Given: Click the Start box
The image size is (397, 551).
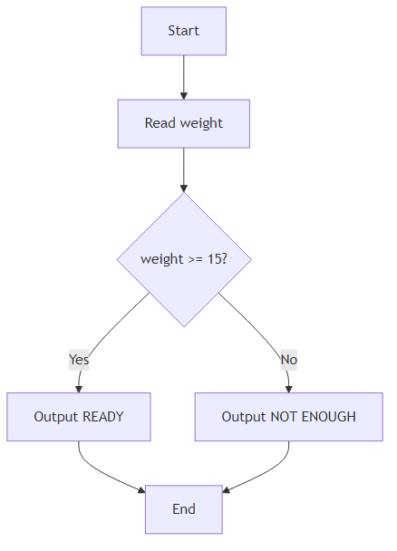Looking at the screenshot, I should [x=183, y=31].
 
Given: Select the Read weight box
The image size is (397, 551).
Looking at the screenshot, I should [x=183, y=123].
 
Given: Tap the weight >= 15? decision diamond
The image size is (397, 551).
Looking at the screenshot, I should [x=183, y=259].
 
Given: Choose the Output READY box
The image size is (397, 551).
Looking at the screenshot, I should [x=79, y=417].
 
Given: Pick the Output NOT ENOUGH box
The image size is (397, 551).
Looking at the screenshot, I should [x=288, y=417].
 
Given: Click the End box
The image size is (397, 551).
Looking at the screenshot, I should [x=183, y=509].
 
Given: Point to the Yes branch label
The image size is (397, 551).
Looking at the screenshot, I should [x=80, y=359].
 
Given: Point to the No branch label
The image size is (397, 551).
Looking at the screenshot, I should [x=288, y=359].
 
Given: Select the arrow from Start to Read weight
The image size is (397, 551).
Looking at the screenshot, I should [x=183, y=77].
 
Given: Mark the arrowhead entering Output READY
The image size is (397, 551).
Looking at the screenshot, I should [x=79, y=389].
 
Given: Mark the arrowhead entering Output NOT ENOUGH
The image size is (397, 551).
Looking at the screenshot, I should [x=288, y=389].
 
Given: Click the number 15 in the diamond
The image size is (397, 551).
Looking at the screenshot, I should [x=215, y=259].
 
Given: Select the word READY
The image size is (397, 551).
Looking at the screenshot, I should [x=102, y=417].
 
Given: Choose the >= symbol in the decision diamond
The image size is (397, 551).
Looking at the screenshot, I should [x=196, y=259].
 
